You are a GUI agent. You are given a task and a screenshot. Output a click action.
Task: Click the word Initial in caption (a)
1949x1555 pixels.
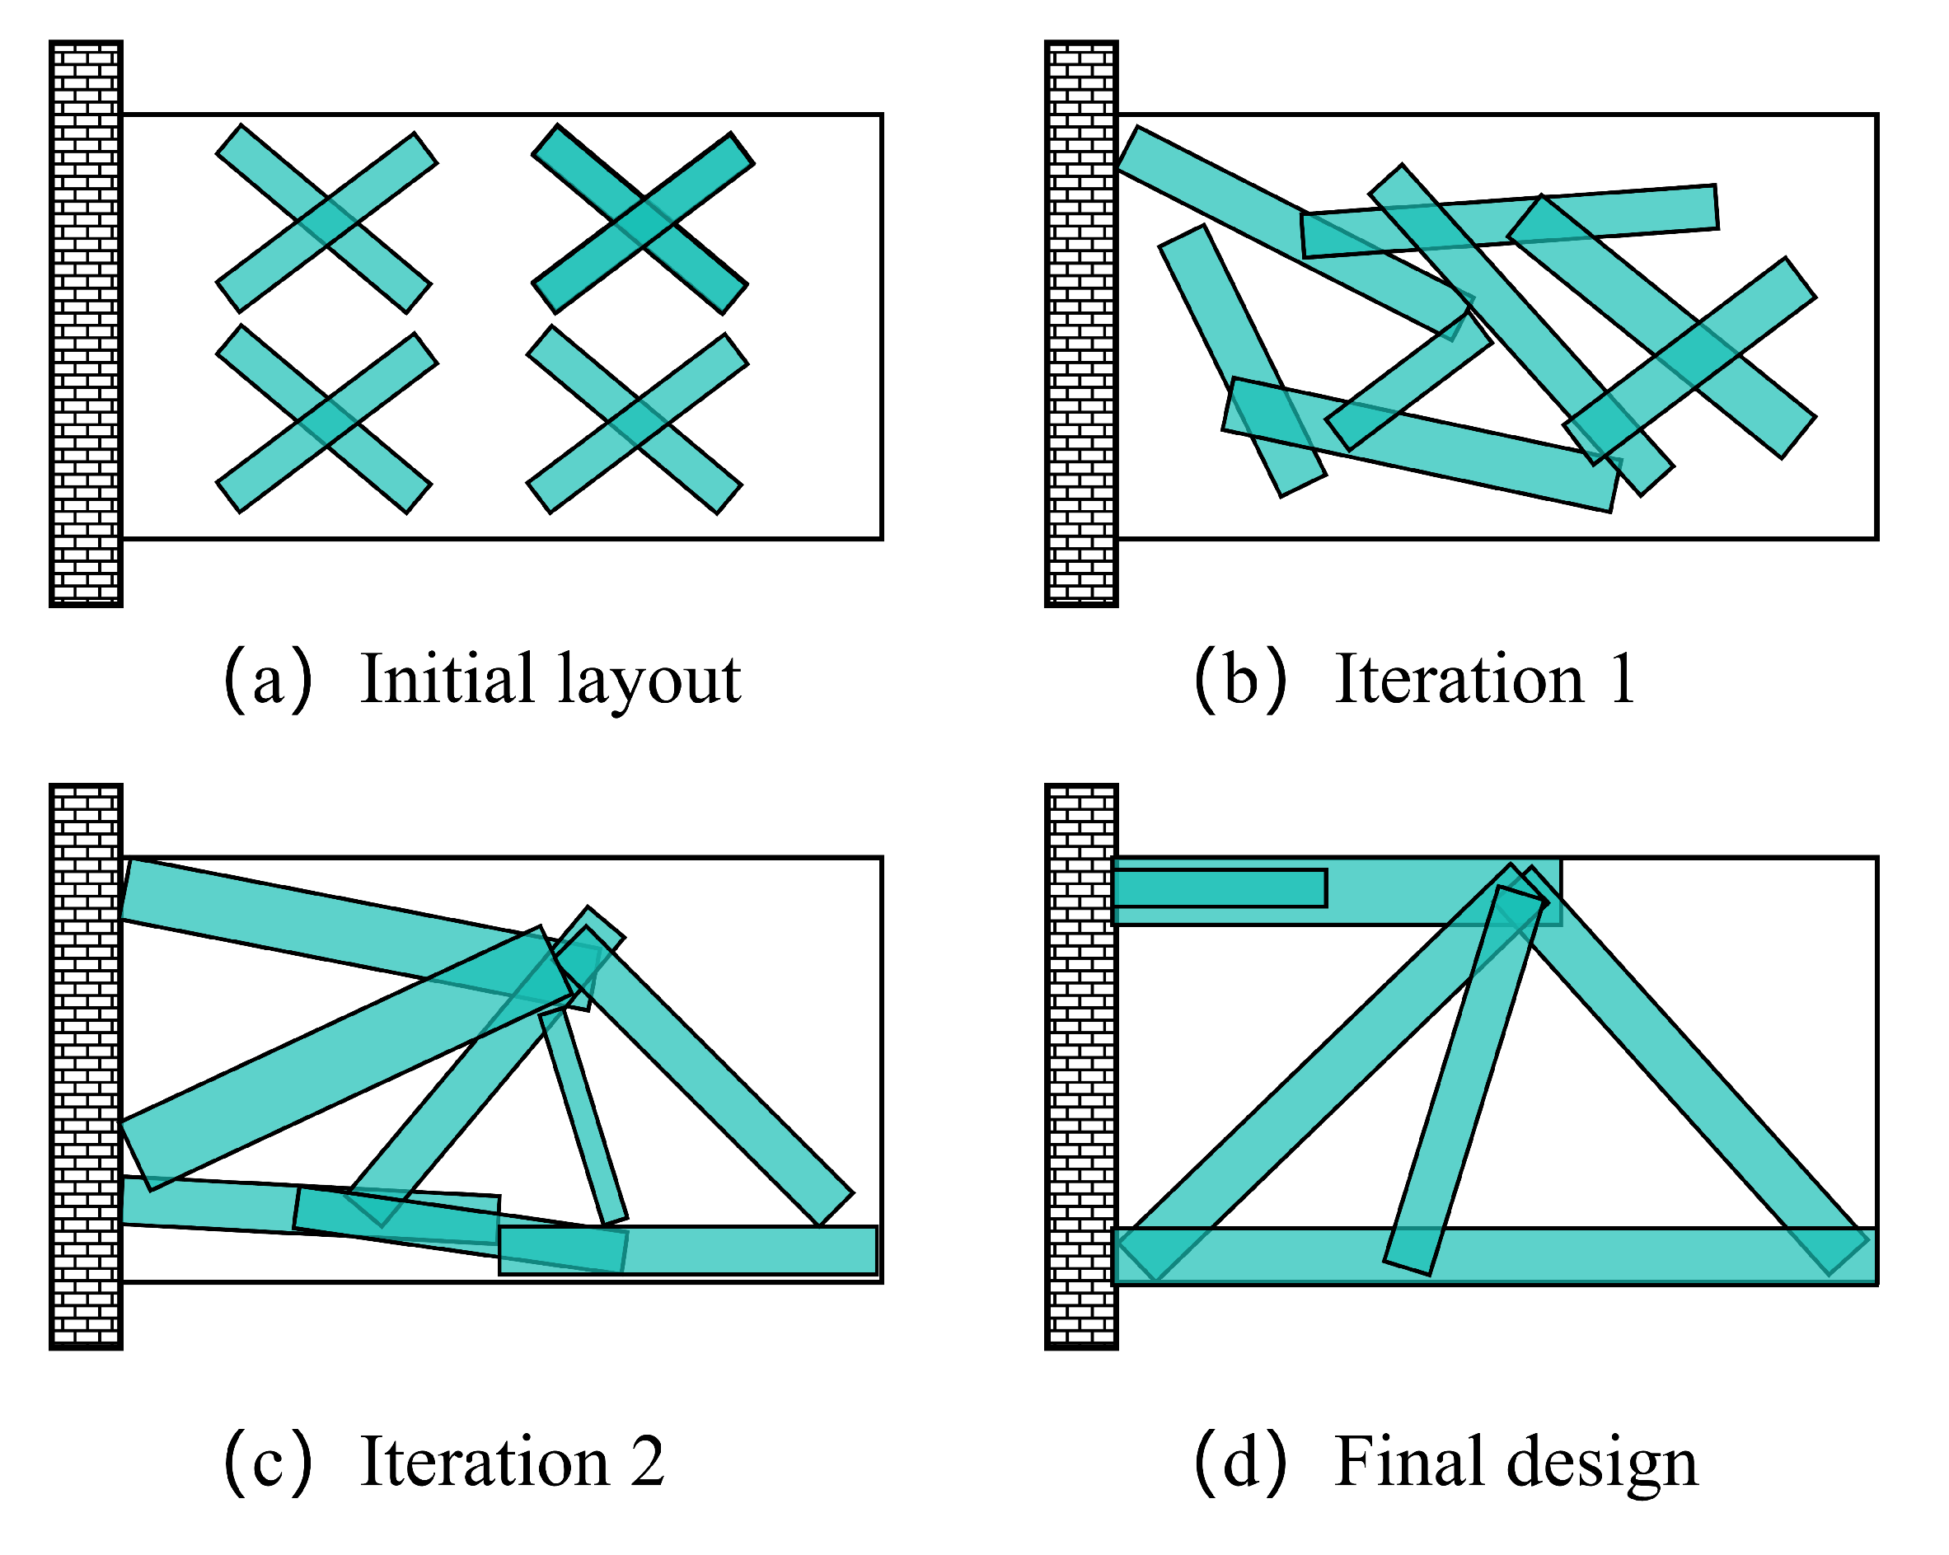pyautogui.click(x=446, y=679)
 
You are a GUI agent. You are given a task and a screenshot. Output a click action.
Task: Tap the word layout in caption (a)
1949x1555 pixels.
pyautogui.click(x=649, y=681)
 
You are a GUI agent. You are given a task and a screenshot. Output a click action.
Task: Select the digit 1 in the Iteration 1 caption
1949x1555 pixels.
pyautogui.click(x=1623, y=679)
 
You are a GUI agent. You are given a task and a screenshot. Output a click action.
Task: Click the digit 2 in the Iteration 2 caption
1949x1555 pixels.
pyautogui.click(x=647, y=1462)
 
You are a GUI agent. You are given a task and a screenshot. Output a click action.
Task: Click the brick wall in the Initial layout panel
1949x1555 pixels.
pyautogui.click(x=86, y=324)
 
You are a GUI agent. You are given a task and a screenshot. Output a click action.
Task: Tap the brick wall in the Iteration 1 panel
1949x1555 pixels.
pyautogui.click(x=1081, y=324)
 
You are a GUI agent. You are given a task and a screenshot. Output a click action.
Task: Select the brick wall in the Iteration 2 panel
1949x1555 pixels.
pyautogui.click(x=86, y=1067)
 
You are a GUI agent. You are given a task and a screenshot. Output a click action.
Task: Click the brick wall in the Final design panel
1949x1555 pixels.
pyautogui.click(x=1081, y=1067)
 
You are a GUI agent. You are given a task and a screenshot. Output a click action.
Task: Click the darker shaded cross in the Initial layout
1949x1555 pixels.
pyautogui.click(x=642, y=220)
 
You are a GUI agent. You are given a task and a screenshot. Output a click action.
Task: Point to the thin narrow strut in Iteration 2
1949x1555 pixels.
pyautogui.click(x=583, y=1117)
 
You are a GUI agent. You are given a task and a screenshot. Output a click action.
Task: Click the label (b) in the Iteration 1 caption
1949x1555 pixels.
pyautogui.click(x=1239, y=680)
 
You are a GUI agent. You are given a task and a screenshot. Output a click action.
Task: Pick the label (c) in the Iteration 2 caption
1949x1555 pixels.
pyautogui.click(x=269, y=1463)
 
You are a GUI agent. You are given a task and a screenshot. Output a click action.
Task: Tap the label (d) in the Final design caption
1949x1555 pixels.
pyautogui.click(x=1239, y=1463)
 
